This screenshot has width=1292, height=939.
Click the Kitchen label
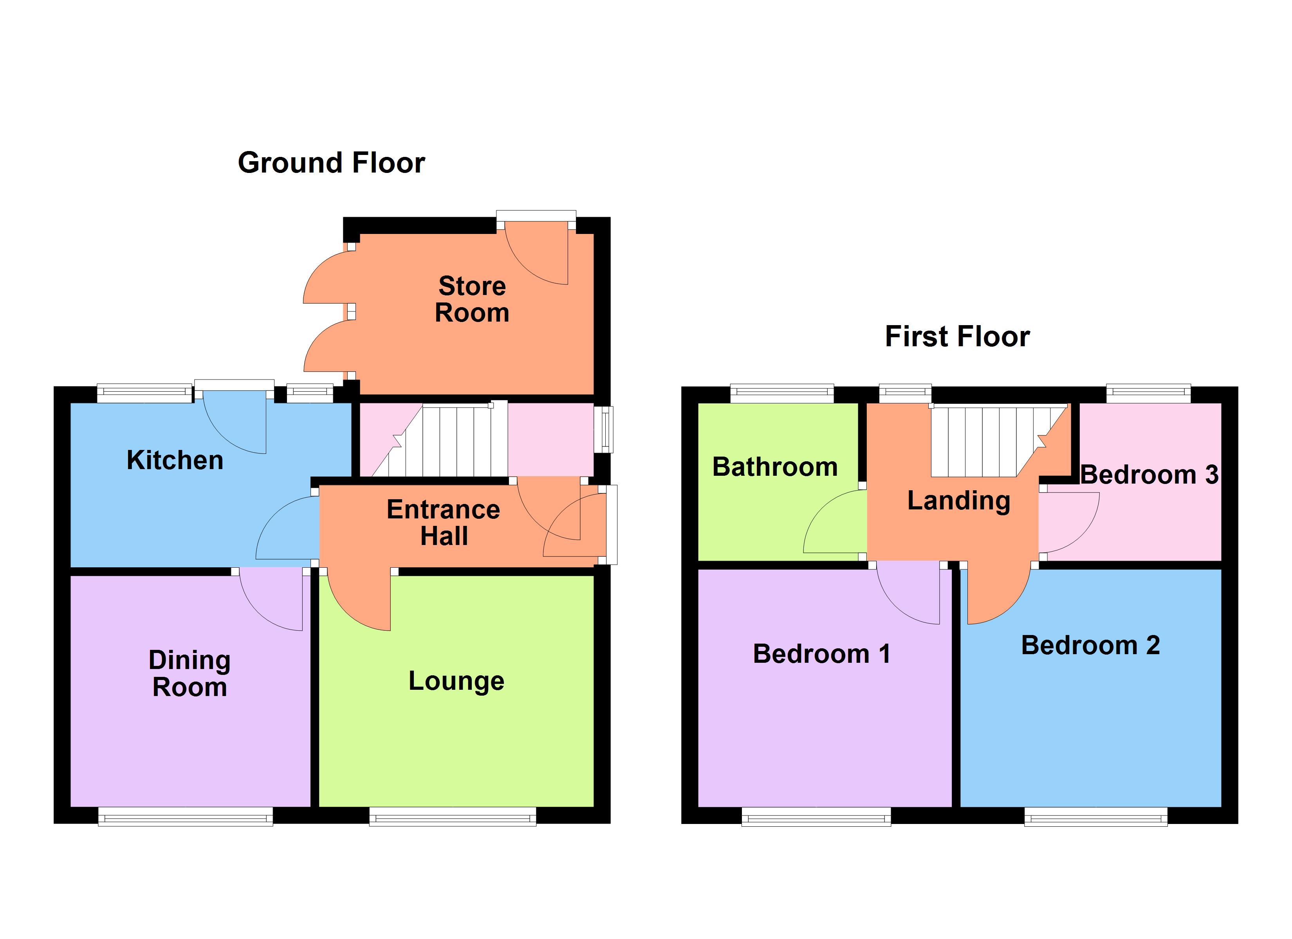coord(175,460)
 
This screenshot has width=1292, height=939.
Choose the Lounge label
coord(456,681)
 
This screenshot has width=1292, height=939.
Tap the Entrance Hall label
coord(443,523)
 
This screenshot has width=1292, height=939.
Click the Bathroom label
coord(775,467)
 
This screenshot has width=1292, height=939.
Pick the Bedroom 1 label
coord(821,654)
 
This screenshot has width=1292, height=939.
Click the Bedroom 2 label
coord(1090,646)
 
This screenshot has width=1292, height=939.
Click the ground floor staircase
coord(450,440)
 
